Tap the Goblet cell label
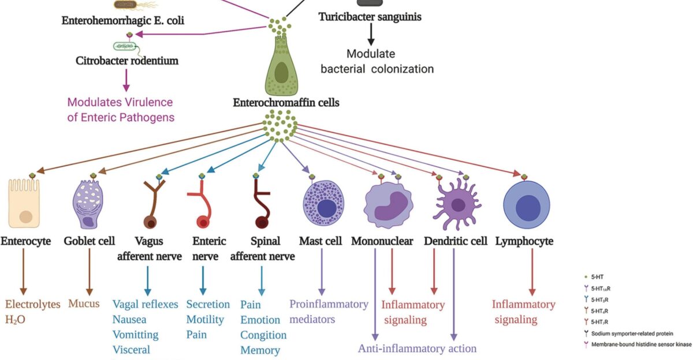(x=90, y=241)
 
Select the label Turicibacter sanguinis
(x=370, y=17)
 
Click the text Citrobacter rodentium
(x=127, y=60)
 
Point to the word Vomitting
(x=135, y=335)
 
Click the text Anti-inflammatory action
(x=417, y=348)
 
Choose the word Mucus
(x=84, y=303)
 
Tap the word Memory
(x=260, y=350)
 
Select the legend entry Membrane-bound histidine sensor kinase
(x=638, y=344)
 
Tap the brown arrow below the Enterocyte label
(x=24, y=271)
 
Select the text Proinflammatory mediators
(x=329, y=311)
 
